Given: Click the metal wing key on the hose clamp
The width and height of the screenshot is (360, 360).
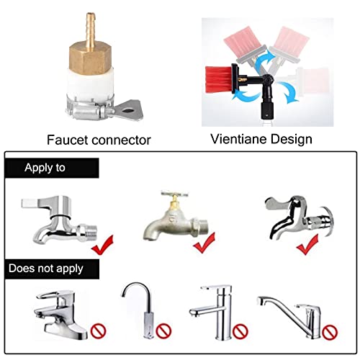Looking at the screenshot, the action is tap(130, 110).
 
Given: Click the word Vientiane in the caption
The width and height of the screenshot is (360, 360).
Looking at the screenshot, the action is tap(240, 139).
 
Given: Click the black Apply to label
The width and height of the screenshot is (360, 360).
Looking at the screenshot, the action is tap(52, 168).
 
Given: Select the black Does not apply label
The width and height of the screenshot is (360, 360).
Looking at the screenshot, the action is tap(52, 269).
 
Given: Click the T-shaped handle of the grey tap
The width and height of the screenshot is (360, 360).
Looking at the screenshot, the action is tap(175, 194).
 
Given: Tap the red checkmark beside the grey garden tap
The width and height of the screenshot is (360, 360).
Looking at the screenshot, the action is tap(204, 243).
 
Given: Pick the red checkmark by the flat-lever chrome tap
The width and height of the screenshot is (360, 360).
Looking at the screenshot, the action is tap(102, 245).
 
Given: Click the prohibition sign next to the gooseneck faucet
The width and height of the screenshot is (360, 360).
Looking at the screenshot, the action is tap(163, 331).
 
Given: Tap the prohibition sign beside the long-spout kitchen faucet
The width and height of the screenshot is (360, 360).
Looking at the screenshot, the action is tap(330, 332).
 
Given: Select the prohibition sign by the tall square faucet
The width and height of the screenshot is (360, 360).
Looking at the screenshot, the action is tap(240, 331).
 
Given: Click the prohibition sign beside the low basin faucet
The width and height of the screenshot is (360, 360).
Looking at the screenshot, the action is tap(98, 331).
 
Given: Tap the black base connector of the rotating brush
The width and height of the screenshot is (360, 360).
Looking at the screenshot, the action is tap(267, 110).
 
